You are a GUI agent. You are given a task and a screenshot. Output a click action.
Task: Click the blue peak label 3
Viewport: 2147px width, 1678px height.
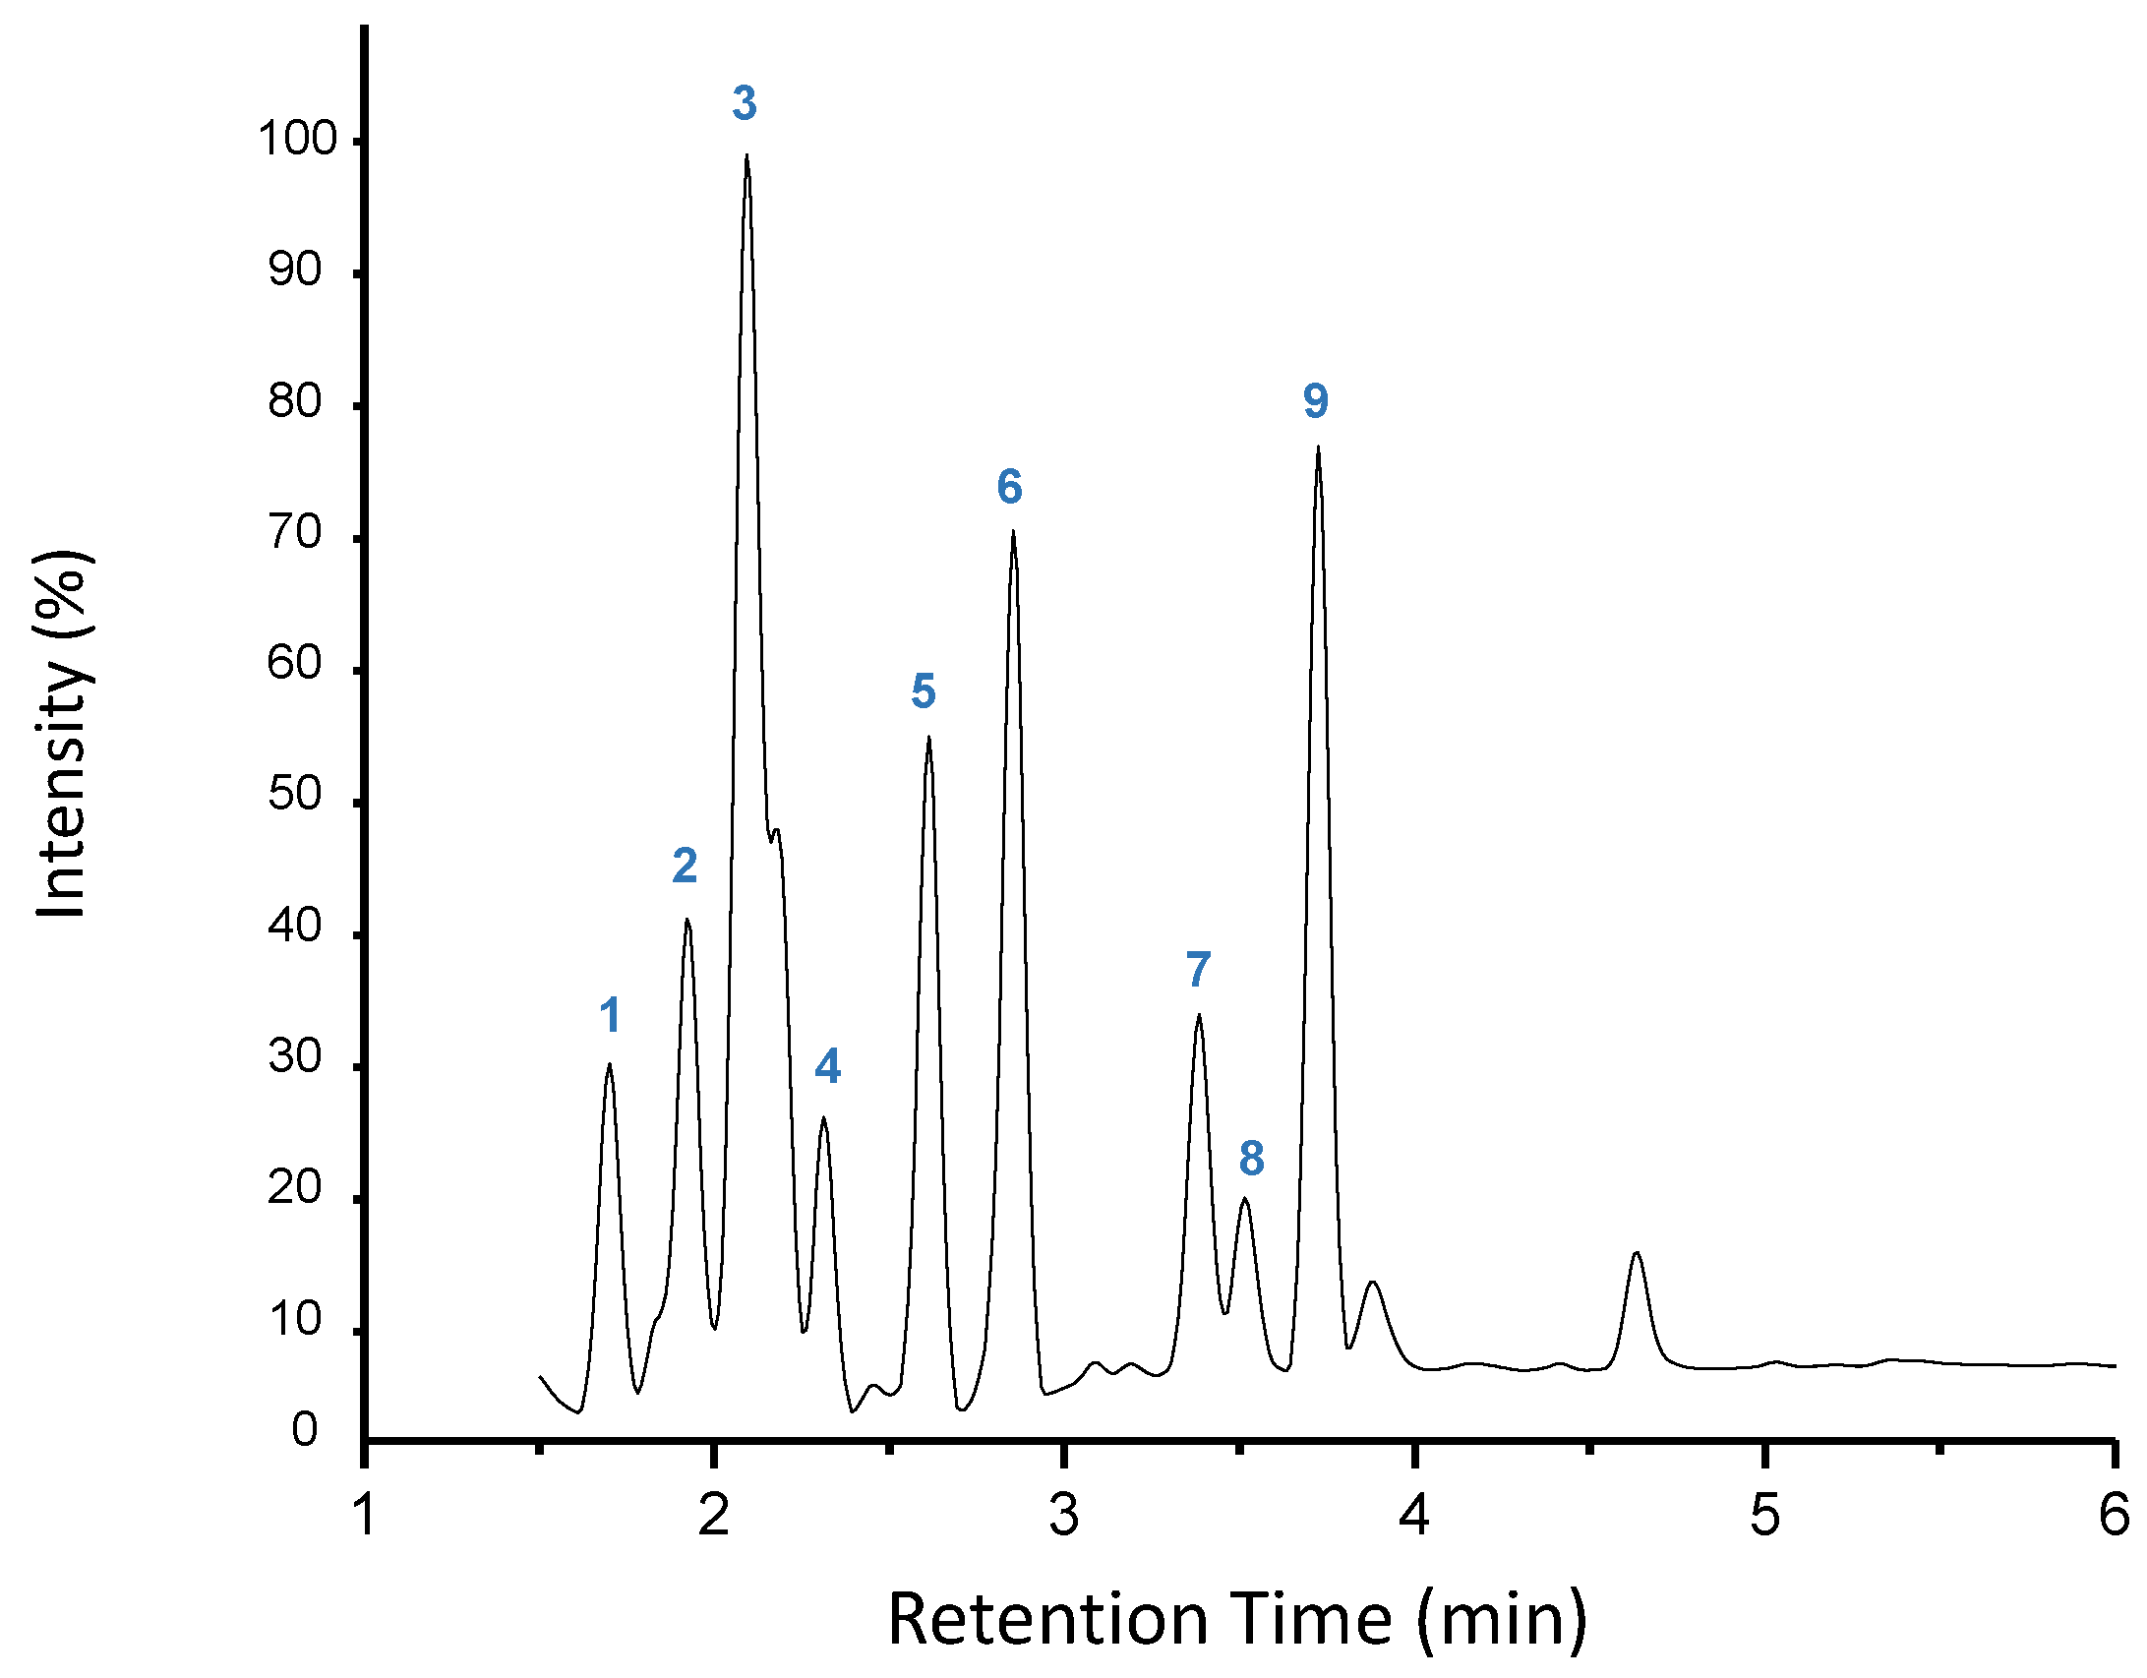coord(745,103)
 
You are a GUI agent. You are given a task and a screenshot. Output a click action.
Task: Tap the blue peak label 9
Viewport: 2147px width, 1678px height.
coord(1316,401)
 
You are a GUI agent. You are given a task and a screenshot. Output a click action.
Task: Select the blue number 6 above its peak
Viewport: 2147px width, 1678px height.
coord(1009,487)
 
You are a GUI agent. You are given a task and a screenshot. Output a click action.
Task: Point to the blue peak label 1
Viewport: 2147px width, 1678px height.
coord(610,1015)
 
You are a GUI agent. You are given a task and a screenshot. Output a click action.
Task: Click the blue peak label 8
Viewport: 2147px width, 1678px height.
coord(1251,1159)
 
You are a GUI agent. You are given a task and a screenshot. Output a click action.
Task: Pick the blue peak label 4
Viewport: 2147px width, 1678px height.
coord(828,1066)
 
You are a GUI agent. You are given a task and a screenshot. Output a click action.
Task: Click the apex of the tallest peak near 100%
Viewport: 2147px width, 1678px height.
coord(746,155)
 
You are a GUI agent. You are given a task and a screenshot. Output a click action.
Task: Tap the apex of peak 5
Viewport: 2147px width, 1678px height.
coord(927,738)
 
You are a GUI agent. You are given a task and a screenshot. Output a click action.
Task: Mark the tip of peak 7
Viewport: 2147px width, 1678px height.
coord(1198,1015)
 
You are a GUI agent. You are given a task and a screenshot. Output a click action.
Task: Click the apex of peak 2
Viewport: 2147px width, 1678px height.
coord(686,920)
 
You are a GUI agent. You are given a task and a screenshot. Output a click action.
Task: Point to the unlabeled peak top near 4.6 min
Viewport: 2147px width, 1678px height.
coord(1637,1252)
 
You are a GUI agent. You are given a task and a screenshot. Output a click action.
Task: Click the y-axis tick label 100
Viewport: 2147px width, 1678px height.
coord(298,140)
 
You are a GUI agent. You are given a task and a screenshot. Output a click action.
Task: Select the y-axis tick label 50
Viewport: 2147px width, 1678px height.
coord(295,795)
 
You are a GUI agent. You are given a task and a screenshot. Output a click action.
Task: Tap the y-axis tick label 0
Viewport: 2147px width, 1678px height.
coord(305,1430)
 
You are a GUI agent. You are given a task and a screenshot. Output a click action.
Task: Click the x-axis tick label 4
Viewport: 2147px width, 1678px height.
coord(1414,1516)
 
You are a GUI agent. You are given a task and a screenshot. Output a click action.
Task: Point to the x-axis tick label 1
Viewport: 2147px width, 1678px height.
coord(365,1516)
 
